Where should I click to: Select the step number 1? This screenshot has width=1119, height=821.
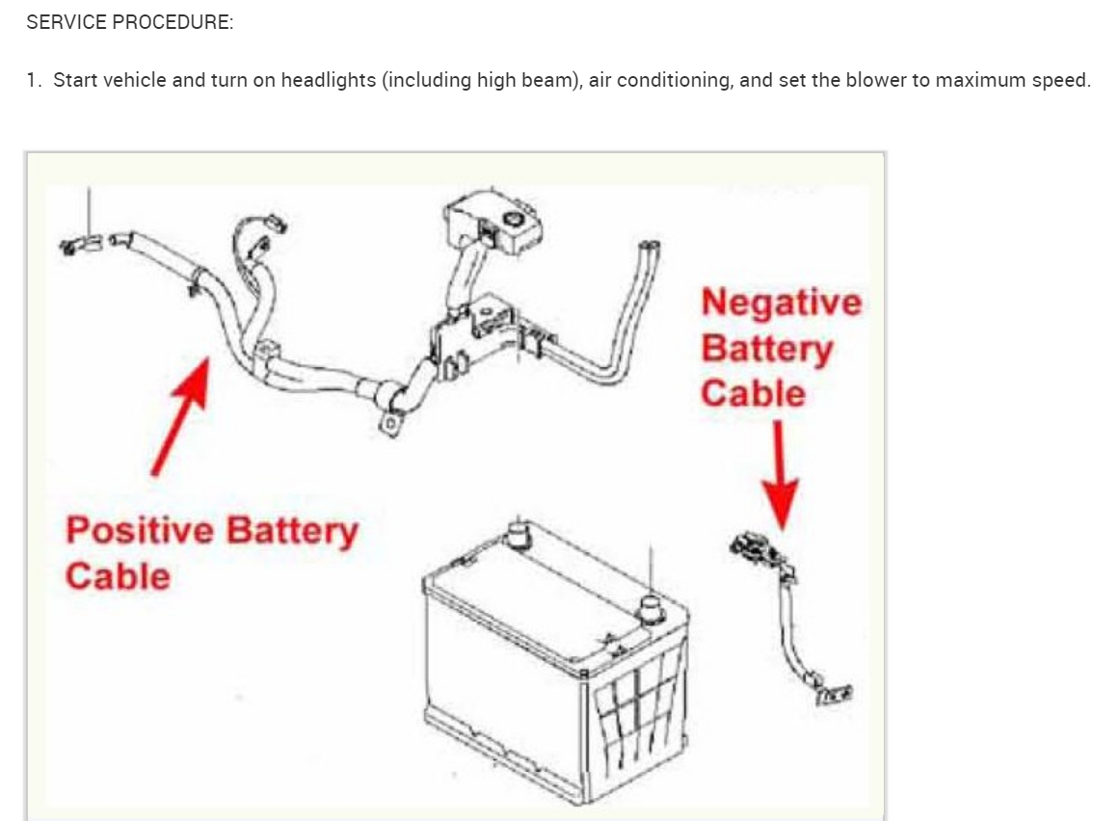(33, 80)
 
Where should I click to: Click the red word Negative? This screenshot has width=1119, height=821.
(781, 303)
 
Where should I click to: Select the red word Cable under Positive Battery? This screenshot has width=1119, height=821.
(118, 576)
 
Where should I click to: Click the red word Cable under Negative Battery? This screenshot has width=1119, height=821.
(753, 393)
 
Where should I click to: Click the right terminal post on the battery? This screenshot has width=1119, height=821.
(653, 608)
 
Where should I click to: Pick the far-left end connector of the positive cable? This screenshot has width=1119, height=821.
(79, 244)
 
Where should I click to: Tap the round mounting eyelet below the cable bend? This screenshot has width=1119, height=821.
(390, 422)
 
